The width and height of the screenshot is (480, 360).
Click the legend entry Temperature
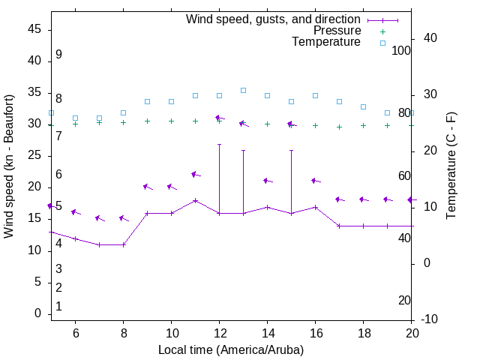click(326, 43)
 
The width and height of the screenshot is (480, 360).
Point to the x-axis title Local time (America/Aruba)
click(231, 349)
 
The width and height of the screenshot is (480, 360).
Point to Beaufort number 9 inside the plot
click(58, 55)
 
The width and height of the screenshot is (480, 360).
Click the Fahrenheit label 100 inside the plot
click(401, 50)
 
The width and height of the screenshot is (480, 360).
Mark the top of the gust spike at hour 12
click(219, 144)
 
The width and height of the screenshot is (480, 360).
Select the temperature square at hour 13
click(243, 90)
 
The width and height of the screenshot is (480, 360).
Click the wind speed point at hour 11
click(195, 200)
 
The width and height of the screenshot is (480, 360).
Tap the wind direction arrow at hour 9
click(148, 187)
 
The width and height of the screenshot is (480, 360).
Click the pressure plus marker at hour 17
click(339, 127)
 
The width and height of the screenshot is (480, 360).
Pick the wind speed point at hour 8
click(124, 244)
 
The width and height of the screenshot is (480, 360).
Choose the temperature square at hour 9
click(147, 101)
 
